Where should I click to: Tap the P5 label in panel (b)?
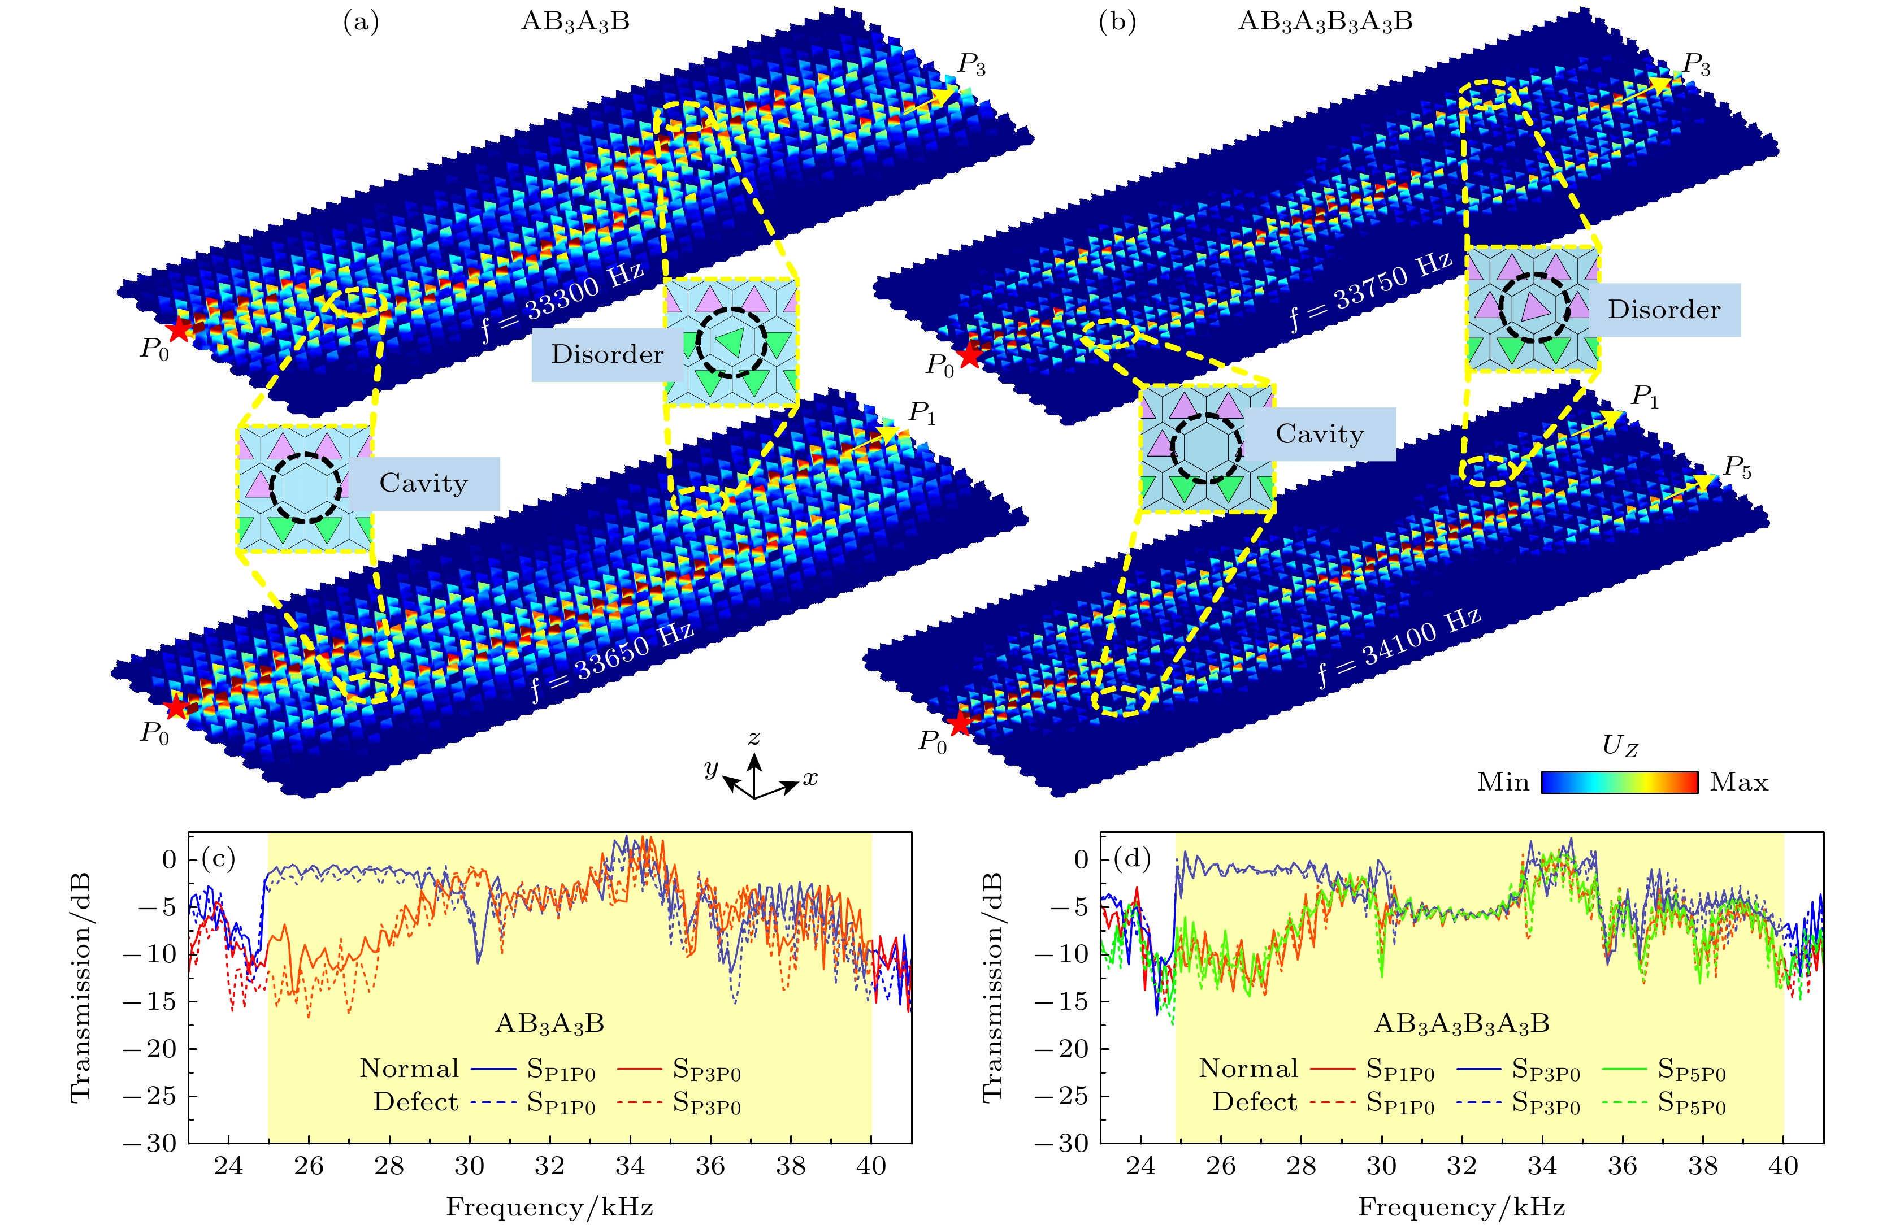coord(1737,469)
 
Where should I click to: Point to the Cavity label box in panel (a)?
coord(423,483)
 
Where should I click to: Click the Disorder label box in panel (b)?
coord(1664,310)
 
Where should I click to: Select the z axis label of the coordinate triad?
coord(753,738)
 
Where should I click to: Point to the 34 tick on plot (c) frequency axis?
coord(630,1166)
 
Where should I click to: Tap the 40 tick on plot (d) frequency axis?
coord(1784,1166)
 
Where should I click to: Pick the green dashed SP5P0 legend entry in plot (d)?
coord(1664,1104)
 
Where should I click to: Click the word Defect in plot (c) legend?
coord(415,1102)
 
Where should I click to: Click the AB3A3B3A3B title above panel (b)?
coord(1325,21)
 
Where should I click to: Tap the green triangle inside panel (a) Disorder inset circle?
coord(732,342)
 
